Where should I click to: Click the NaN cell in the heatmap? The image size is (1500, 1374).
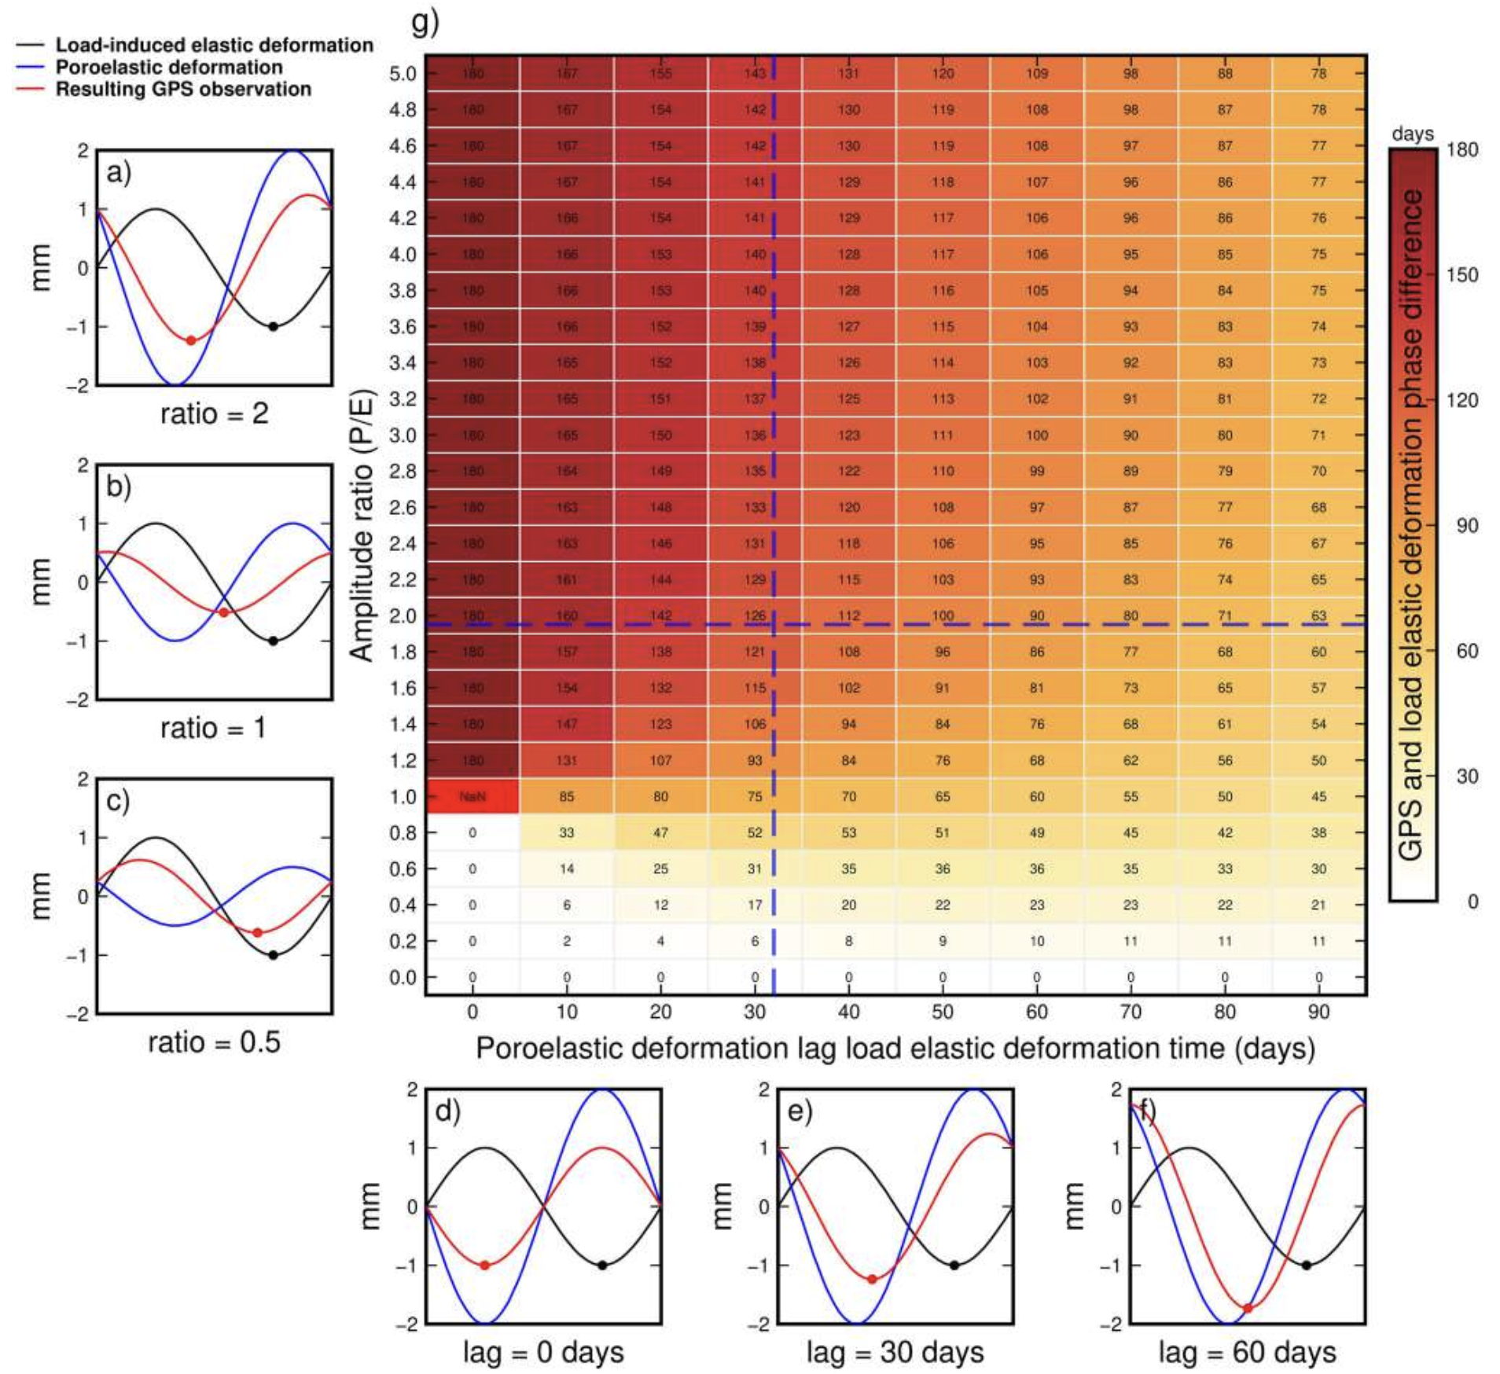point(472,796)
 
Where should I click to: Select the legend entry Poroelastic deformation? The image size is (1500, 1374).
point(168,68)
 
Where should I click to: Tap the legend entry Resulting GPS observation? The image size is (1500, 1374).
point(182,89)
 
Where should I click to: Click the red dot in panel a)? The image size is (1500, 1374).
point(191,340)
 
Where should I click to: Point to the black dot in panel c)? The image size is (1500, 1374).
point(273,955)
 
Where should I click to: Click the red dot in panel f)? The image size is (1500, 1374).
point(1248,1308)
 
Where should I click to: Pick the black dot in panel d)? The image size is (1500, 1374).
point(602,1266)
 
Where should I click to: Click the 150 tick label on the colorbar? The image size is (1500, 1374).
point(1461,275)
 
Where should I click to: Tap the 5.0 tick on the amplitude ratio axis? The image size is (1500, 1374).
point(403,74)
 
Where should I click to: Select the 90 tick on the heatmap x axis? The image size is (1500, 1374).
point(1318,1012)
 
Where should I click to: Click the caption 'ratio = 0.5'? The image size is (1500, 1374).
point(214,1042)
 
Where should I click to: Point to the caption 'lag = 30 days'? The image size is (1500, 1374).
point(895,1353)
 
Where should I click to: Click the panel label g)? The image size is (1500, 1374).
point(425,22)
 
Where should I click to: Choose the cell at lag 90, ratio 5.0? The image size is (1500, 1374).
point(1318,74)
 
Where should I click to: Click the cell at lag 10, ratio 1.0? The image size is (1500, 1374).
point(567,796)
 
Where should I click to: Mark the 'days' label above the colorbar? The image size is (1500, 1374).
point(1412,134)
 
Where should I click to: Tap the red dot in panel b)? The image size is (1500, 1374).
point(224,612)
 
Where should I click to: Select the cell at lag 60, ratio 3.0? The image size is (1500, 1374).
point(1037,435)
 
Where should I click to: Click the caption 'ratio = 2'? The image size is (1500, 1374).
point(214,413)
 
